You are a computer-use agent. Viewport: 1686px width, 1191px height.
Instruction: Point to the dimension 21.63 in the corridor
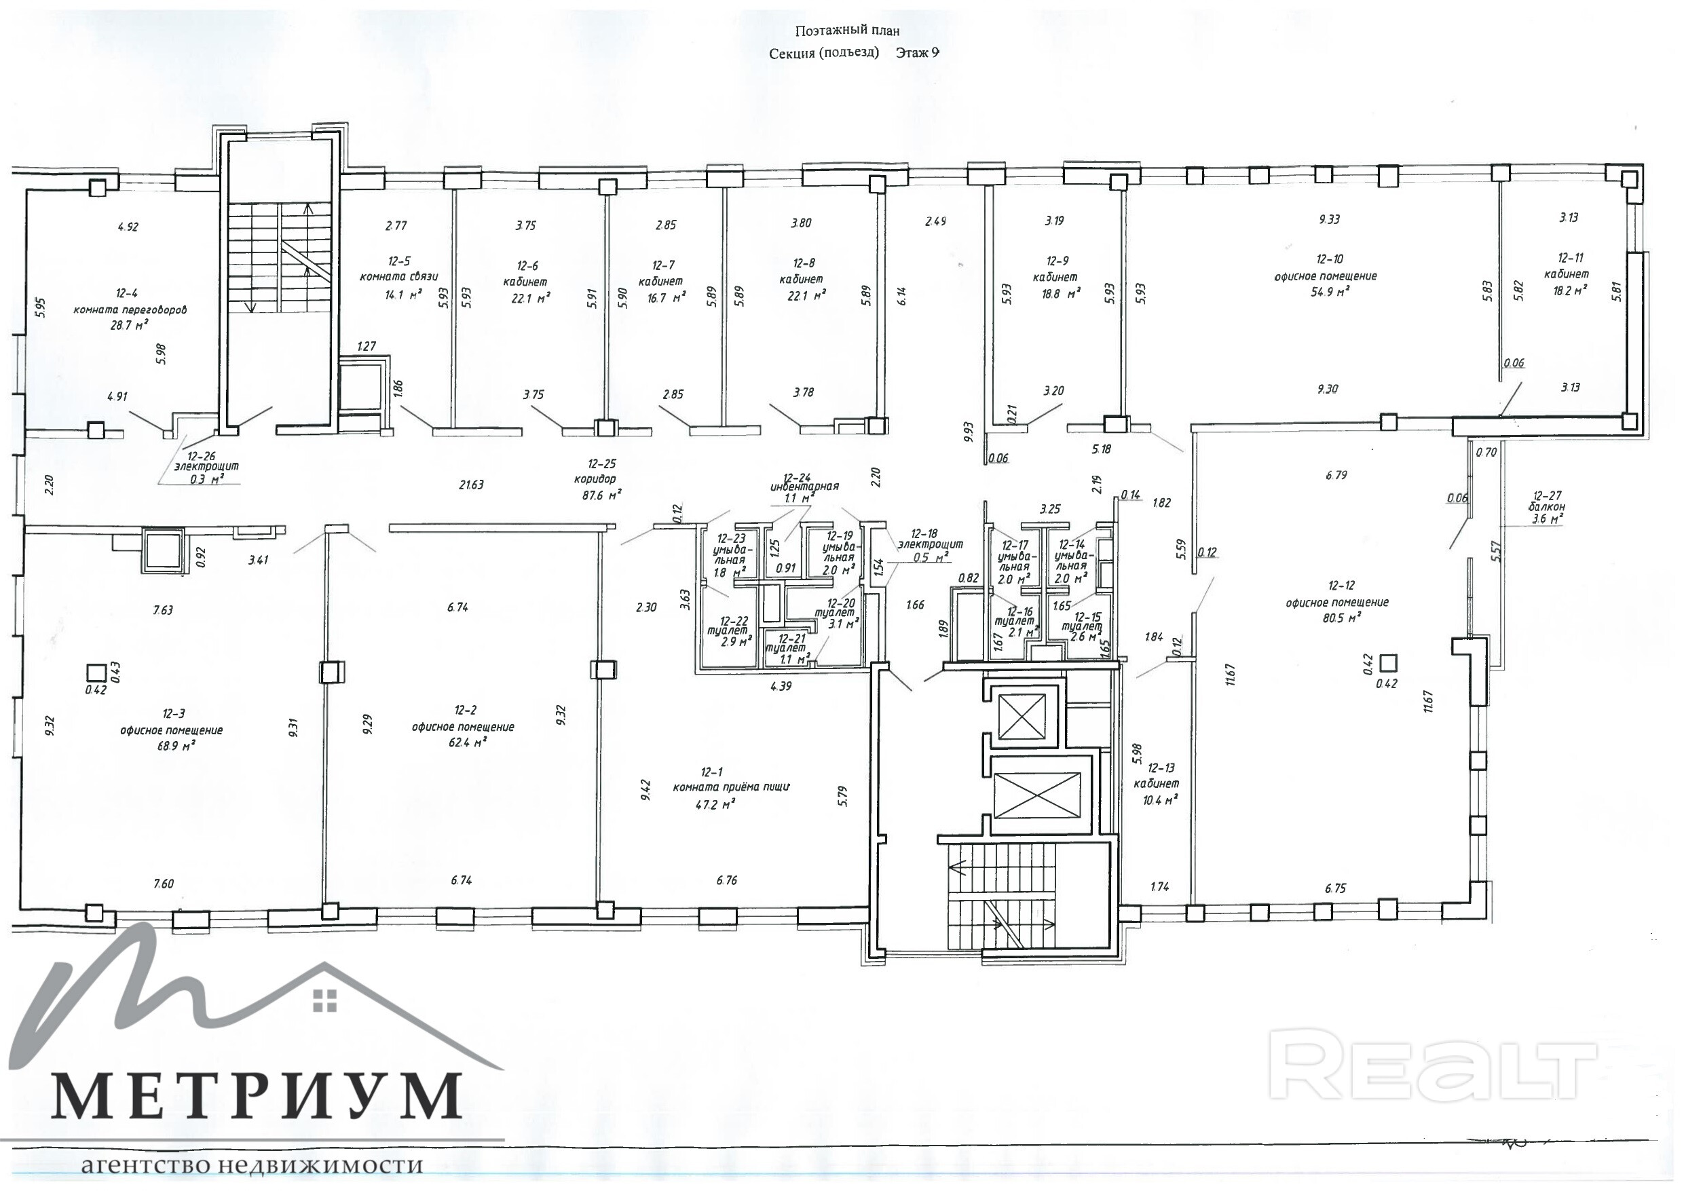(472, 485)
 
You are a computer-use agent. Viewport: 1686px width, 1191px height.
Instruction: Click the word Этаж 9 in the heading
(917, 53)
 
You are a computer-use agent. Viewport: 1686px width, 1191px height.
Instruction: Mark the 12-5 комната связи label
(398, 269)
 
